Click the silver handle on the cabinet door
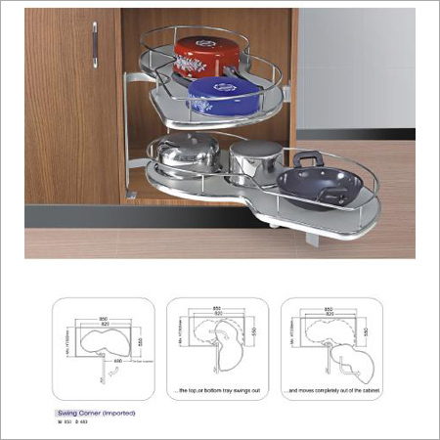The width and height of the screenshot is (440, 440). coord(95,44)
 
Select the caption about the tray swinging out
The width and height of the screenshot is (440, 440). coord(218,391)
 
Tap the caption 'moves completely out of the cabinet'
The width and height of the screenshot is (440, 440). coord(331,391)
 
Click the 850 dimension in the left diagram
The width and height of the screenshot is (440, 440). coord(102,319)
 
